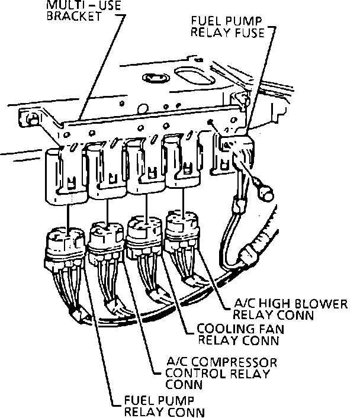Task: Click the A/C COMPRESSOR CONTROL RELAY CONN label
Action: tap(205, 373)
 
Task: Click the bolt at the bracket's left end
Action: tap(30, 118)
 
